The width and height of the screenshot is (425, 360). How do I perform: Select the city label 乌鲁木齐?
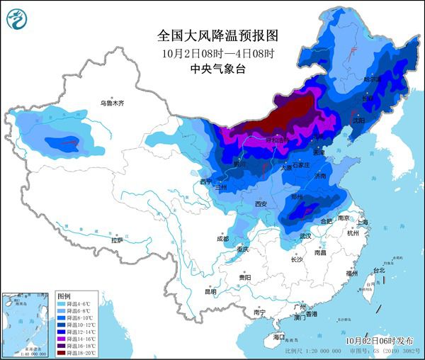(112, 103)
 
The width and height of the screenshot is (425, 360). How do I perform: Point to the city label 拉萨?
(117, 241)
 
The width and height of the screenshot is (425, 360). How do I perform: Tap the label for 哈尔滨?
(372, 80)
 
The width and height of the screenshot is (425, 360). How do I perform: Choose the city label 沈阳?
(358, 121)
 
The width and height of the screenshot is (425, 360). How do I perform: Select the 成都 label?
(222, 239)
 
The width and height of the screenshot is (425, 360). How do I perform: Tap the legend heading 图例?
(64, 295)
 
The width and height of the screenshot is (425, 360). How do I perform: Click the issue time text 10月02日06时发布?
(379, 341)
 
